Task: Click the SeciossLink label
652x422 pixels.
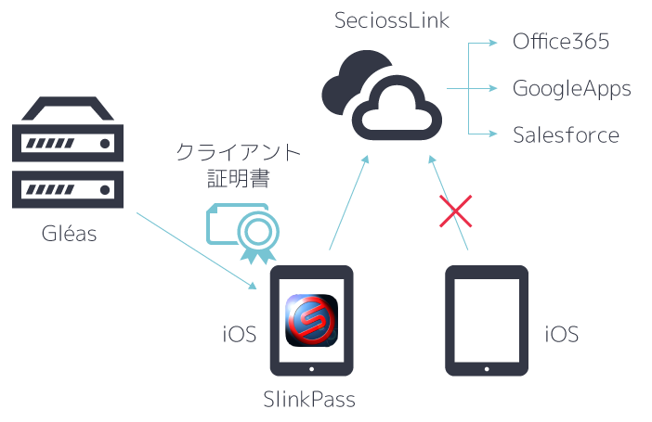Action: pos(392,20)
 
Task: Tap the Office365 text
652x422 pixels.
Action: pos(560,43)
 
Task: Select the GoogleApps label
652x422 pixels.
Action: pos(572,89)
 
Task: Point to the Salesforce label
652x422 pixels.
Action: pos(566,135)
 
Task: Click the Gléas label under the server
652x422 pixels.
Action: pos(69,234)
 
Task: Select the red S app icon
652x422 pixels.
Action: pos(310,319)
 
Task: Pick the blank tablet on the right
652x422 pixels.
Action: pos(487,321)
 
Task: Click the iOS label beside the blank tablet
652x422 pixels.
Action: pos(561,334)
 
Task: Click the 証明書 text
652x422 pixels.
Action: pos(239,176)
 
